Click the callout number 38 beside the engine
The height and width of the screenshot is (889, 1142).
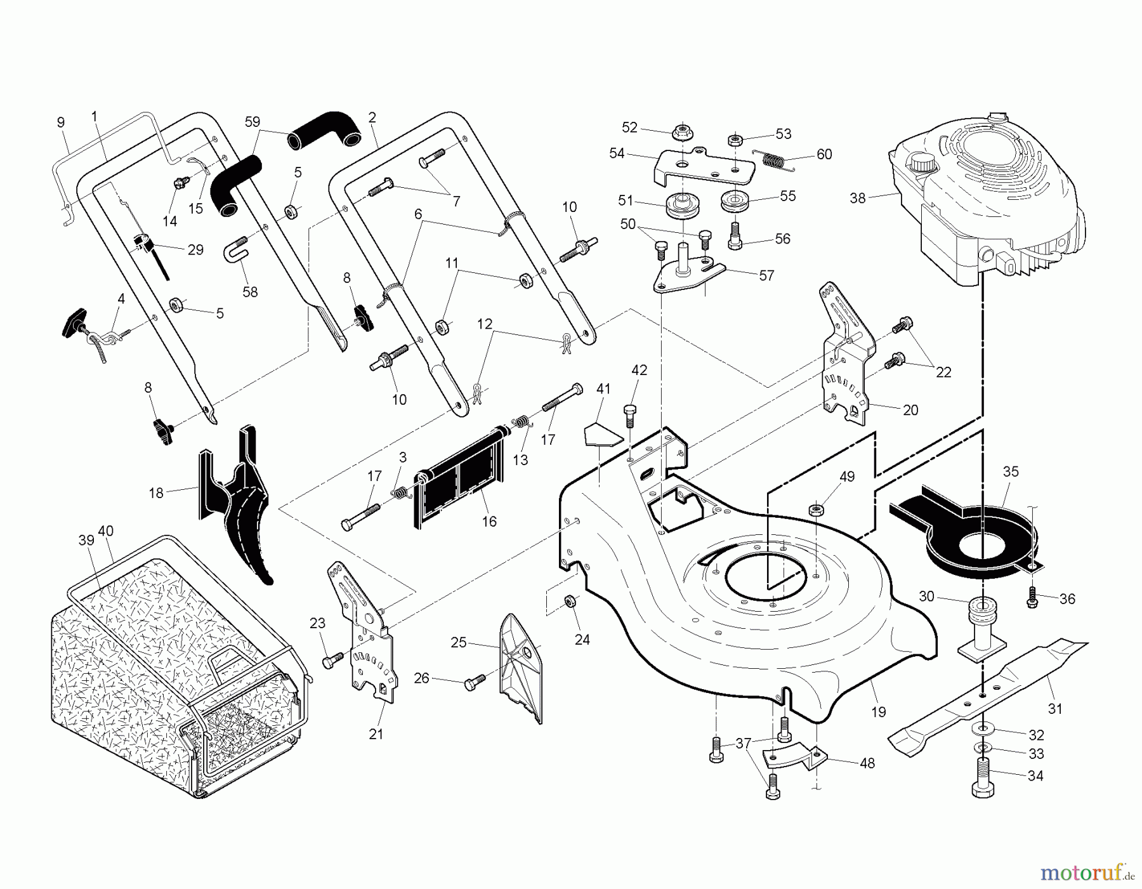click(x=857, y=198)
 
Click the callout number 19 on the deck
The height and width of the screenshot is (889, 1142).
click(x=878, y=712)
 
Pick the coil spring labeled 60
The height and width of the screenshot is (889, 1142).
click(x=772, y=160)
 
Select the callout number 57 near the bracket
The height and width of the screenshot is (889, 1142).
click(x=766, y=275)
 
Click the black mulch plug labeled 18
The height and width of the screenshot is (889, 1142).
click(x=241, y=501)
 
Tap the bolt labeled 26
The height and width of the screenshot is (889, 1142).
click(x=473, y=683)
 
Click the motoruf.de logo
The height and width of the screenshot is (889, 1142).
click(x=1087, y=874)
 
